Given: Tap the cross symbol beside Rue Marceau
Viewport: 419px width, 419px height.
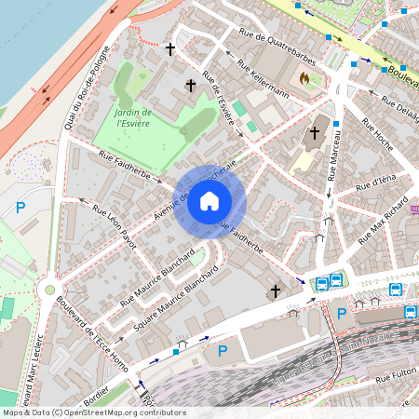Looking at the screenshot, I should (315, 133).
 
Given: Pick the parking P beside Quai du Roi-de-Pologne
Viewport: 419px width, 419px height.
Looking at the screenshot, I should (20, 208).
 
